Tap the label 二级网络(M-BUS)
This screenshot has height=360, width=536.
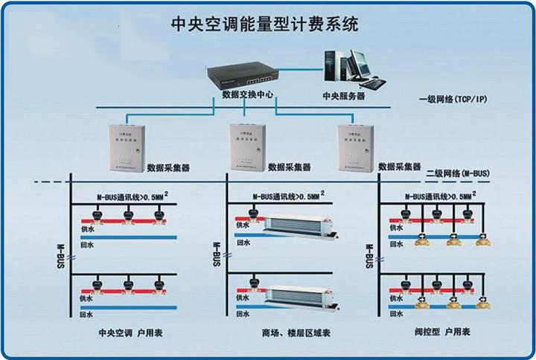tap(458, 173)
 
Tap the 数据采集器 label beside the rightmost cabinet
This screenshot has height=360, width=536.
tap(401, 167)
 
